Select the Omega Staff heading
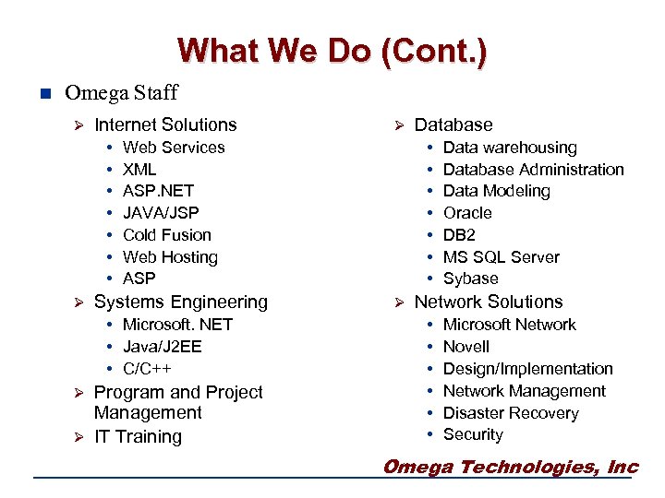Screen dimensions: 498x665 [121, 93]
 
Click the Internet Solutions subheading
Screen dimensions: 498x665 [165, 125]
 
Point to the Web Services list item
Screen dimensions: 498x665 [174, 148]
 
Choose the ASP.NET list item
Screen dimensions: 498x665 [158, 191]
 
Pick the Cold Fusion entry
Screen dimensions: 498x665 [166, 235]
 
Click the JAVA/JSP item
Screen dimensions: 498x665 [161, 213]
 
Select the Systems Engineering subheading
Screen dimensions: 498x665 [180, 302]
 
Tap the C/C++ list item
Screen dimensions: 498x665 [147, 368]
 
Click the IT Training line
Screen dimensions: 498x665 [138, 436]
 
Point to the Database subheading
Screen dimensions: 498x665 [453, 125]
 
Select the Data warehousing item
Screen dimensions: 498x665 [509, 148]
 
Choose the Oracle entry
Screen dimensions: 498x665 [467, 213]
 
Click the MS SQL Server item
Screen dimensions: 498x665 [501, 257]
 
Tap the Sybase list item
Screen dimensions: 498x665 [470, 279]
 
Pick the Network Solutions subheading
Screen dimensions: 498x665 [488, 302]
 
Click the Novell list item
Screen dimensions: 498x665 [466, 347]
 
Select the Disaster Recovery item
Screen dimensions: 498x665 [510, 413]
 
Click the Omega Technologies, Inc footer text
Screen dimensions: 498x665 [510, 467]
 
